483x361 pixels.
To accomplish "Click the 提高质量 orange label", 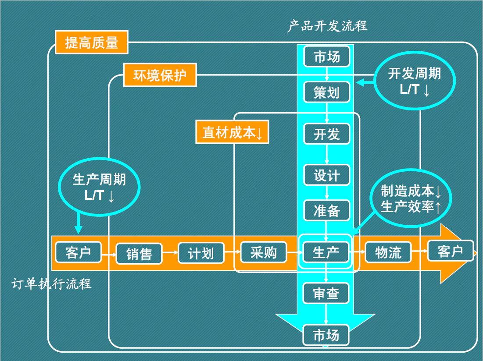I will (x=92, y=42).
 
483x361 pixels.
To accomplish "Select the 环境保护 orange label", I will (x=160, y=75).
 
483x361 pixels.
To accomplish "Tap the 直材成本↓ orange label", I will (x=232, y=132).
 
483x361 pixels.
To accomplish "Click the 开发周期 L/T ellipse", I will (x=415, y=81).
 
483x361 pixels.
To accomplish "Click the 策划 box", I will (x=327, y=92).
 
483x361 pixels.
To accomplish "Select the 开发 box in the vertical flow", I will (x=327, y=134).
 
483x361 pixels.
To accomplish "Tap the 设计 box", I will (x=327, y=175).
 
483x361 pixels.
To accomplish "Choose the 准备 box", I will (x=327, y=211).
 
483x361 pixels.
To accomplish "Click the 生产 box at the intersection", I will (x=326, y=252).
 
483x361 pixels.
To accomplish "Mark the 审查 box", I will (x=326, y=293).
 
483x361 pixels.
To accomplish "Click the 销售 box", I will (x=139, y=254).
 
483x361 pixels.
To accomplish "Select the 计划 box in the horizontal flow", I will (x=201, y=253).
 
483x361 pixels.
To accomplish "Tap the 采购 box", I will (x=263, y=252).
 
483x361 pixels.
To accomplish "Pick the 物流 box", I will (x=388, y=252).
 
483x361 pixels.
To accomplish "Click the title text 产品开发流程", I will (x=327, y=26).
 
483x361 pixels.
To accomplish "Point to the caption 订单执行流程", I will (x=51, y=284).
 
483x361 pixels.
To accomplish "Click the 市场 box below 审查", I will (x=326, y=335).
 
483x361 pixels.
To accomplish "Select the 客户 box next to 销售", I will (x=78, y=252).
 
